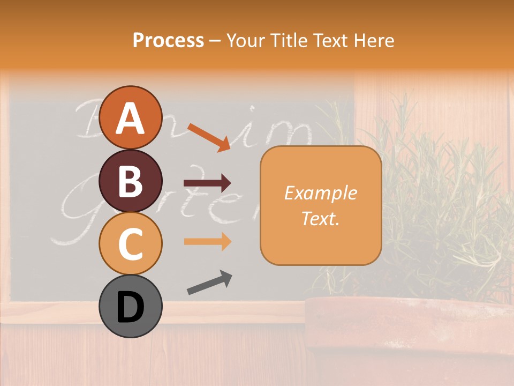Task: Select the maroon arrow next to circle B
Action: coord(207,183)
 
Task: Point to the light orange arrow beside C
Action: coord(207,242)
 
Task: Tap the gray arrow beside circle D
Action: coord(209,283)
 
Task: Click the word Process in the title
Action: coord(168,40)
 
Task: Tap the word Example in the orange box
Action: coord(320,193)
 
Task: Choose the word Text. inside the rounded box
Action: coord(320,218)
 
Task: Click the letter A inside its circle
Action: coord(130,118)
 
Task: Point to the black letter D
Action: coord(130,307)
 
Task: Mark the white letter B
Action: coord(130,181)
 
